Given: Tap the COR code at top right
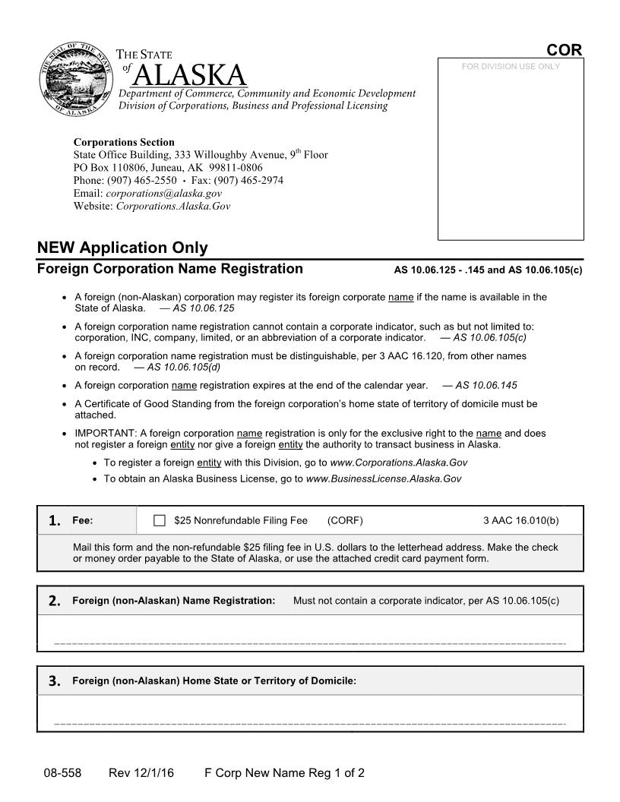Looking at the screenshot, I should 564,50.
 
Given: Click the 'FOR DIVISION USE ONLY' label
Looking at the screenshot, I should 510,67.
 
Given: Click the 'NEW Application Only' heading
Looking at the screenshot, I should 122,248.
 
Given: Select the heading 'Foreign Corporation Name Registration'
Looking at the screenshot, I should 170,269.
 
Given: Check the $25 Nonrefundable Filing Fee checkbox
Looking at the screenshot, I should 160,521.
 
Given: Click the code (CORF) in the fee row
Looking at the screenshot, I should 345,521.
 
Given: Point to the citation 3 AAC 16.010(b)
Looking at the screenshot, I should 520,521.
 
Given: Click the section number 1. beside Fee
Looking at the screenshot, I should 54,521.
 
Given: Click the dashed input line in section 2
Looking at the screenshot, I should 310,644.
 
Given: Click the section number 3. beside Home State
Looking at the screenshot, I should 54,681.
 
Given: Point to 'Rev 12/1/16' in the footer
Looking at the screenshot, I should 141,774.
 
